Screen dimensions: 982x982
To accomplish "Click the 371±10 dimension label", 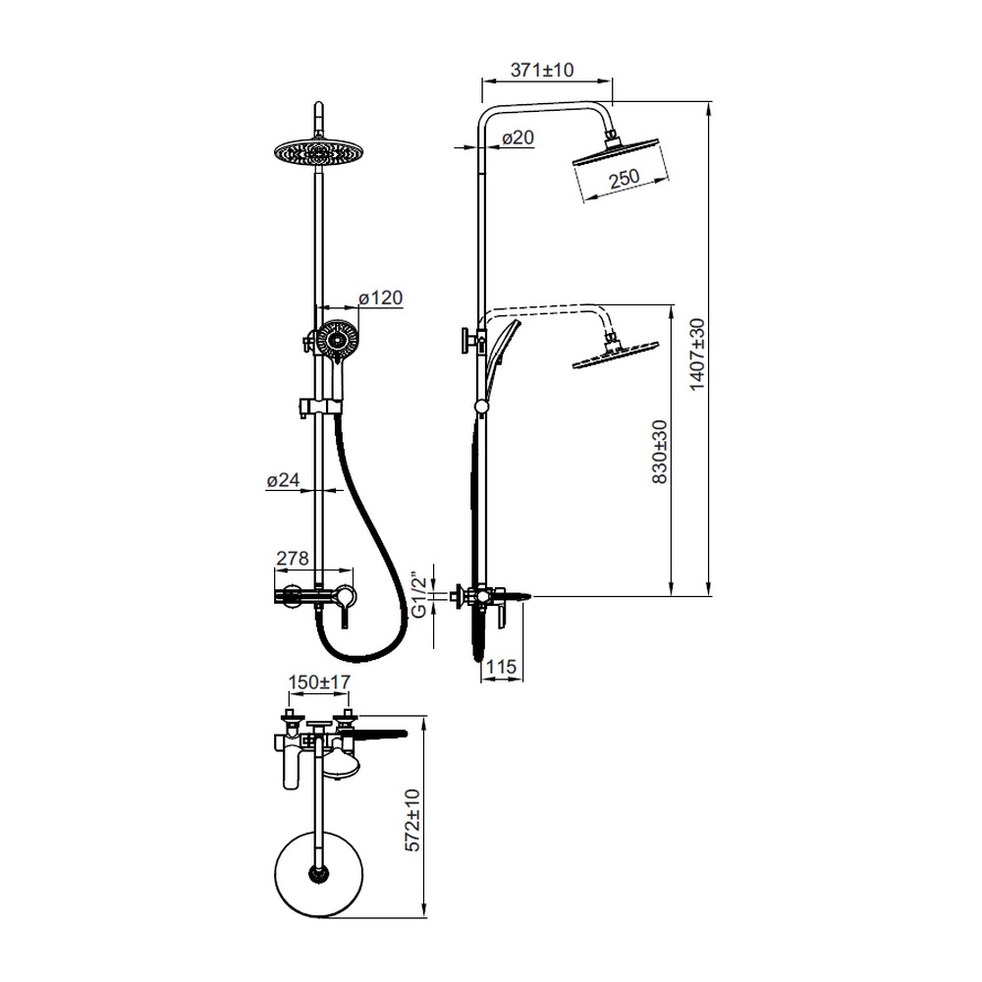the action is [x=542, y=70].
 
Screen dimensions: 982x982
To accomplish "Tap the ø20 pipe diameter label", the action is [x=518, y=137].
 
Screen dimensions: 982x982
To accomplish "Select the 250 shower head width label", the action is [x=624, y=178].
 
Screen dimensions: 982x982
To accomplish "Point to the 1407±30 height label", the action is [x=696, y=355].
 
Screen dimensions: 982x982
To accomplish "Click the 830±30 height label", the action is [x=660, y=452].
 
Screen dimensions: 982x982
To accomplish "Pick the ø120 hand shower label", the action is [x=381, y=298].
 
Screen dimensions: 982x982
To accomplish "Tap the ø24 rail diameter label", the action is [x=283, y=480].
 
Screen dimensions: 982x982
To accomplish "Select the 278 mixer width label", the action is [x=293, y=558].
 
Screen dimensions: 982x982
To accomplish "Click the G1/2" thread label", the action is [x=419, y=594].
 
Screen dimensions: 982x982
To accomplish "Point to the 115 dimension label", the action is [x=501, y=667].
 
